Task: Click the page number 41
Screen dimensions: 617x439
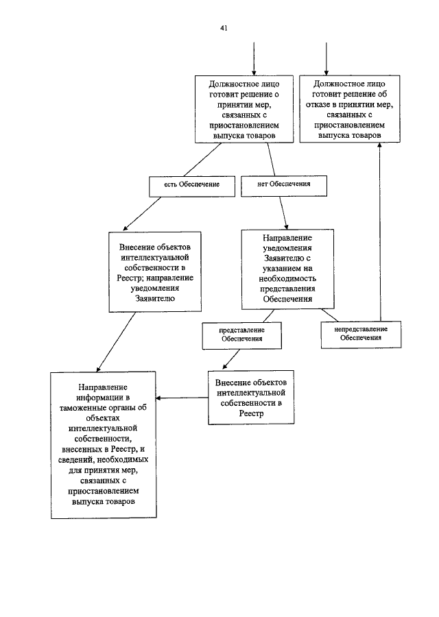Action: point(224,28)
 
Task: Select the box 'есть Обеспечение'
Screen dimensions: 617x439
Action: point(191,186)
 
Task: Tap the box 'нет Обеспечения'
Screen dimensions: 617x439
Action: point(284,185)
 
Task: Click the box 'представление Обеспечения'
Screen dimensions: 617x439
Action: point(242,335)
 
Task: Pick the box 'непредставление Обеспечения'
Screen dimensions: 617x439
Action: point(361,334)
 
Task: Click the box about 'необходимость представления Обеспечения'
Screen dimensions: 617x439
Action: point(289,269)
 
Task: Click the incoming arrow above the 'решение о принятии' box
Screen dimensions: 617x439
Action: point(254,58)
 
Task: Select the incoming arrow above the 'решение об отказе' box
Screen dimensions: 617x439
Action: point(326,58)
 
